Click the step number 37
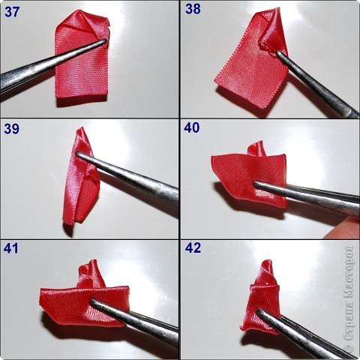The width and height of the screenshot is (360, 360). click(x=12, y=12)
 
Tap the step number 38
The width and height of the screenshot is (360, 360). click(x=193, y=10)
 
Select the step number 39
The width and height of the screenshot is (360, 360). click(x=11, y=129)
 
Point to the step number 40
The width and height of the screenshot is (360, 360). click(x=191, y=127)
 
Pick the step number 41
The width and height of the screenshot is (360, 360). click(x=10, y=248)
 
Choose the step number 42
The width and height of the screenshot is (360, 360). click(x=193, y=248)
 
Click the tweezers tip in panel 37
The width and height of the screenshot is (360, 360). click(x=106, y=40)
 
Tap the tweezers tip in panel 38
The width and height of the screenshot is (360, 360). click(x=277, y=52)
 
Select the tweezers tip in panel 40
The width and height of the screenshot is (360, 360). click(x=256, y=184)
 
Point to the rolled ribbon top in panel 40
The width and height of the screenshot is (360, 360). click(x=256, y=148)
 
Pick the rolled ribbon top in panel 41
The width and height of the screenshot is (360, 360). click(x=91, y=274)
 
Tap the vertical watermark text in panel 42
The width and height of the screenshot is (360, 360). click(x=349, y=298)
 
